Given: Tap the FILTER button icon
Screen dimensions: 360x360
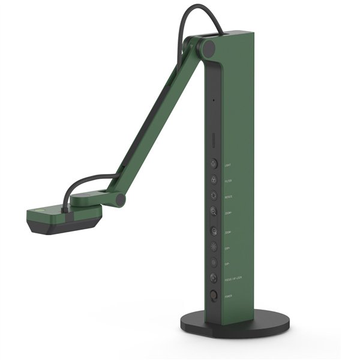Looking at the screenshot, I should [214, 179].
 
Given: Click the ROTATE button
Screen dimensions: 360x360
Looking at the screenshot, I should [214, 195].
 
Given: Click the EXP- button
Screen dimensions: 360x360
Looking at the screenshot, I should [214, 262].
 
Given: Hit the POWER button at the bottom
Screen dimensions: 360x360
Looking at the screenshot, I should [214, 295].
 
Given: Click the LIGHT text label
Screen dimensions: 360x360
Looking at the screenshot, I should [227, 164].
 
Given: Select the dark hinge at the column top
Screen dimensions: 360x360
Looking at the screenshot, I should [208, 49].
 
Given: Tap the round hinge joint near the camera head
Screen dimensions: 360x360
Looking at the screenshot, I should [119, 199].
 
